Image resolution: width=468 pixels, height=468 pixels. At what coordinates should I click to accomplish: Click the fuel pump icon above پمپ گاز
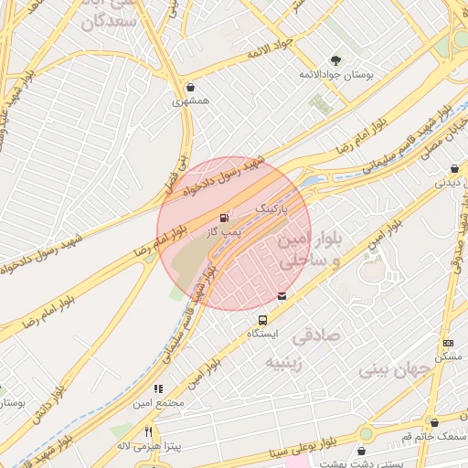pos(224,218)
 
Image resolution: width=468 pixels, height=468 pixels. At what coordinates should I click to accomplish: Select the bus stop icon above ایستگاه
pos(263,321)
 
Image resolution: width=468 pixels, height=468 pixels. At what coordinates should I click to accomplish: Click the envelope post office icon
pos(282,296)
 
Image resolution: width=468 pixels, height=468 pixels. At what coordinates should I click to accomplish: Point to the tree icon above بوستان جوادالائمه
pos(335,60)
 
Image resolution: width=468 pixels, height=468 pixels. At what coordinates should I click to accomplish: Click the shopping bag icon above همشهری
pos(189,88)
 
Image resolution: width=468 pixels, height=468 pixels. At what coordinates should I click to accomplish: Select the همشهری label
pos(190,101)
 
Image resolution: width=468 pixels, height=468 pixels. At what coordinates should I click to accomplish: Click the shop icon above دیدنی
pos(454,168)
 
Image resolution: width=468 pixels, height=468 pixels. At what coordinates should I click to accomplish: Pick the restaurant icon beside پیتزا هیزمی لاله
pos(148,431)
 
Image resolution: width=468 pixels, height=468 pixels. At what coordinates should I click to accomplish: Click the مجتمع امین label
pos(158,402)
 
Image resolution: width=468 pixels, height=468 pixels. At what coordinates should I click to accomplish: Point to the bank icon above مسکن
pos(447,343)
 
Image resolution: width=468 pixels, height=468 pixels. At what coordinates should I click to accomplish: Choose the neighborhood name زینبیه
pos(290,363)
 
